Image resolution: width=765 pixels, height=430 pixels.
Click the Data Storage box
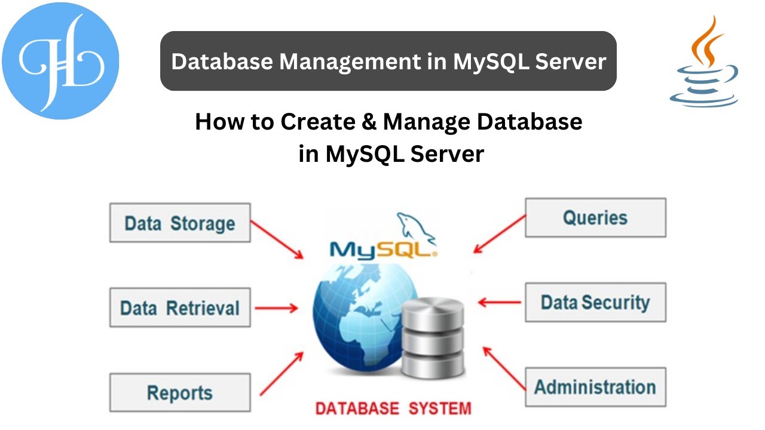179,223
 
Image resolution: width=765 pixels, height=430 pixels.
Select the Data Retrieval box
179,308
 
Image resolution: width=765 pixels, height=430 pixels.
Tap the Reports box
179,392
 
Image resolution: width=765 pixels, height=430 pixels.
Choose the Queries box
595,217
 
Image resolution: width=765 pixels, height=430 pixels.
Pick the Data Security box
595,302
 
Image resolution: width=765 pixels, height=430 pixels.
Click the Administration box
595,387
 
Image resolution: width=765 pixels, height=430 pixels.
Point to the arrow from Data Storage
277,239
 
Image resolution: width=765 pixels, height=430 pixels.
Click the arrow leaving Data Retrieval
276,308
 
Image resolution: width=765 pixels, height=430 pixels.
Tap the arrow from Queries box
499,234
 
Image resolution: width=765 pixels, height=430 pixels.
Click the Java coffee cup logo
703,63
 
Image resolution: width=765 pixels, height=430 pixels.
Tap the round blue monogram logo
60,60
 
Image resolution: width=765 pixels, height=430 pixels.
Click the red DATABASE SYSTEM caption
393,409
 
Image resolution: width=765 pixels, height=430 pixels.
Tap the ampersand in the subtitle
366,122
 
